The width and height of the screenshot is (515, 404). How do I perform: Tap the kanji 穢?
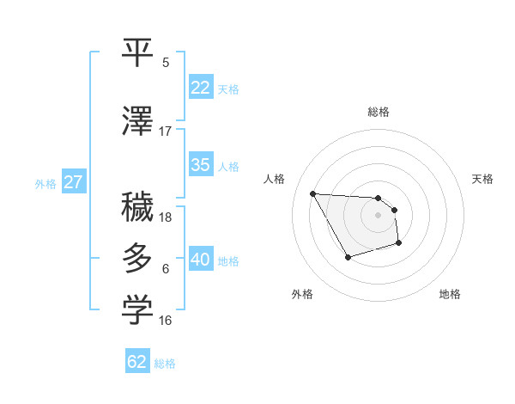[x=138, y=208]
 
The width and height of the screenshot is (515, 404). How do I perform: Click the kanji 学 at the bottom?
[x=138, y=311]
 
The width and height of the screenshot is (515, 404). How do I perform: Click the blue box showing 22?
[x=201, y=88]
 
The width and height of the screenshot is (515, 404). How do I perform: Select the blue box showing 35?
[x=201, y=165]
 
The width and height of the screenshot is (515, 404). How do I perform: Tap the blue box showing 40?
[x=201, y=260]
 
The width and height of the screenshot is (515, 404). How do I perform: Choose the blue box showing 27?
[x=73, y=182]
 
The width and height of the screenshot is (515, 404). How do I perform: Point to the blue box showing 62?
[x=137, y=362]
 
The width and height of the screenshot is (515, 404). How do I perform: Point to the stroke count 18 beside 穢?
[x=166, y=217]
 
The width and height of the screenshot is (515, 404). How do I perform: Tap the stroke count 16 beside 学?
[x=166, y=321]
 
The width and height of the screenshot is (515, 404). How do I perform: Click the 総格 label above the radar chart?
[x=378, y=112]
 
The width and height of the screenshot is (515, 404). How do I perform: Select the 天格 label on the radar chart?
[x=483, y=179]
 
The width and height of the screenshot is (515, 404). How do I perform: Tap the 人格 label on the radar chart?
[x=275, y=179]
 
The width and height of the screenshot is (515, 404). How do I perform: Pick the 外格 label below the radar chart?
[x=302, y=294]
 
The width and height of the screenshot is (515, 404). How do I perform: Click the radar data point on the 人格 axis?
[x=312, y=193]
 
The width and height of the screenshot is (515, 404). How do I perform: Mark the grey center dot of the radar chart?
[x=378, y=215]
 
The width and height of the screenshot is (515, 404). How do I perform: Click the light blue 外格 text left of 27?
[x=45, y=183]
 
